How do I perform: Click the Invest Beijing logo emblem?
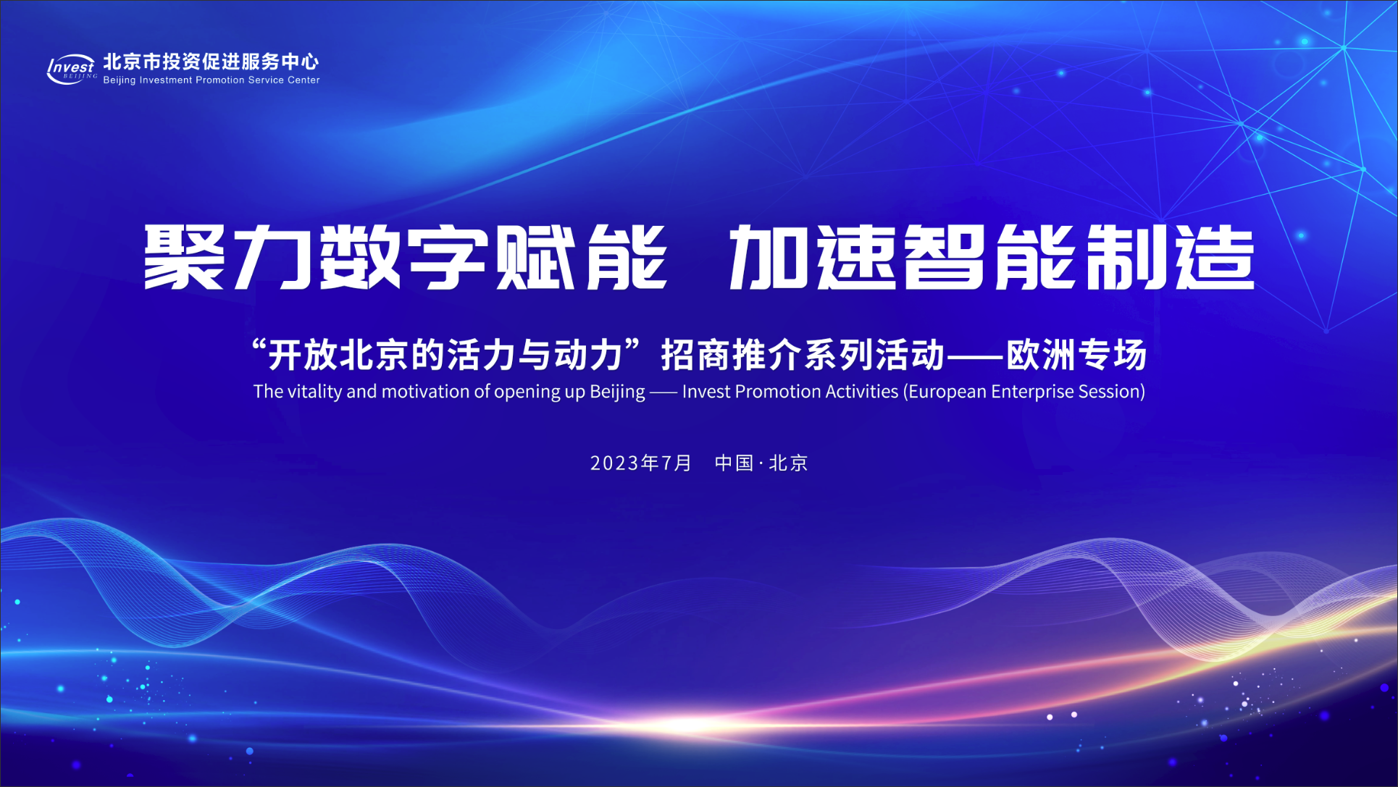click(72, 69)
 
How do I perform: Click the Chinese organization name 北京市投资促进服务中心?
click(211, 62)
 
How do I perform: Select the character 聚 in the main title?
click(184, 256)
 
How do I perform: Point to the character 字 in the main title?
click(447, 256)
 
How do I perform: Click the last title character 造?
click(1215, 256)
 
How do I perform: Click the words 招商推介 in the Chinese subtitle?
click(731, 355)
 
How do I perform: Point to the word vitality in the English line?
click(314, 392)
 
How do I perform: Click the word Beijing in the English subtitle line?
click(617, 392)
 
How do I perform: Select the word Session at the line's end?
click(1109, 392)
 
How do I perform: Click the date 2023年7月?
click(641, 463)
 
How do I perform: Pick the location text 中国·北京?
click(761, 463)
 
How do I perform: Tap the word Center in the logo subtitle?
click(304, 80)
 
